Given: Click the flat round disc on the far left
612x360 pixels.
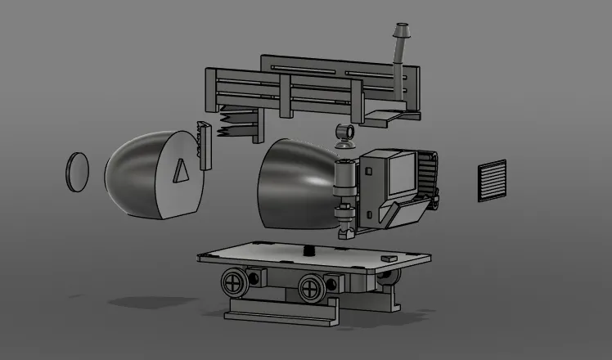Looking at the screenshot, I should (x=76, y=172).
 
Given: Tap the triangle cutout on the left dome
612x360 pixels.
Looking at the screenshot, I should (x=181, y=171).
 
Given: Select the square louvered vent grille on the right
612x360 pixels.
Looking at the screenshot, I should (x=492, y=181).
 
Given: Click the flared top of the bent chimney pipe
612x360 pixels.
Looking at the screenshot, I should (x=403, y=31).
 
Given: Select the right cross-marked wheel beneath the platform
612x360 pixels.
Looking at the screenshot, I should (x=312, y=286).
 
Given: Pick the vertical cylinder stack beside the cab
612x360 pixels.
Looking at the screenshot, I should (x=344, y=196).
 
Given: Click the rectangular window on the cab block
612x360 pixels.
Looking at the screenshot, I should (x=401, y=174).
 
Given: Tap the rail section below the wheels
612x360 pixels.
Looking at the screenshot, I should (x=282, y=309).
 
